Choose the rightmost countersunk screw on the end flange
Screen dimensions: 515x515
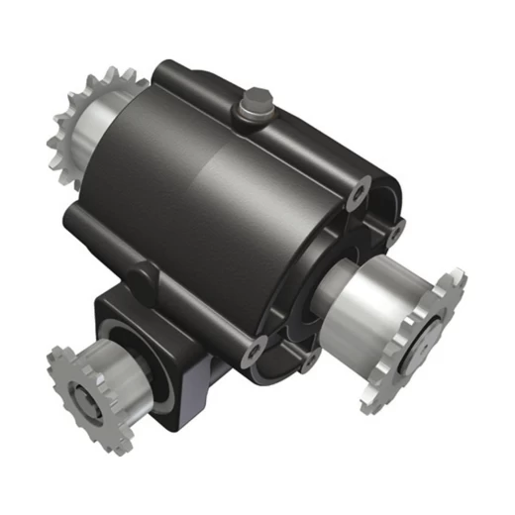394,231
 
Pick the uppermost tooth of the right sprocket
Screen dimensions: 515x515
457,273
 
